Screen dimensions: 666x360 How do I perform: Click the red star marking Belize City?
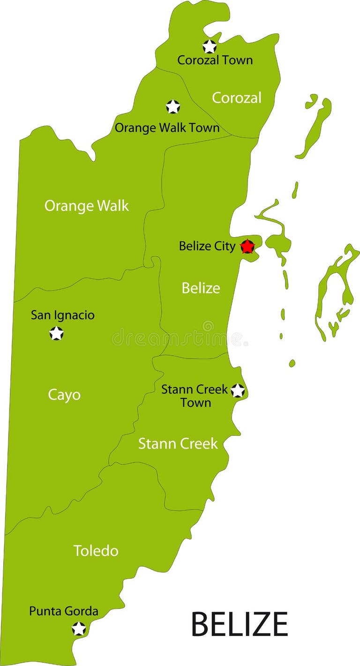tap(247, 246)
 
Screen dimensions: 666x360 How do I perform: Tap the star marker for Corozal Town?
tap(210, 46)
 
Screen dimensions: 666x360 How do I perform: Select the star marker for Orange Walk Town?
tap(173, 107)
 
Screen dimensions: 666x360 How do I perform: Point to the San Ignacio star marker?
tap(57, 334)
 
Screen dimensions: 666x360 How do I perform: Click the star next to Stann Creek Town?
tap(238, 390)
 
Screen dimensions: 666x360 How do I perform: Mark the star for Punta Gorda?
tap(79, 629)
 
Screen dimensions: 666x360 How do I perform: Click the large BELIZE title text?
tap(239, 624)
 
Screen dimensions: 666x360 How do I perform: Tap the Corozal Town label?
tap(215, 60)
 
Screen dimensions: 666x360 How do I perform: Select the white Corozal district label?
tap(237, 98)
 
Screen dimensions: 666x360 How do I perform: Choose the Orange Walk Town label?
tap(167, 127)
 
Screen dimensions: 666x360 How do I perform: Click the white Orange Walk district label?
tap(86, 206)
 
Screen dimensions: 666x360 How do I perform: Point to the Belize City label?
tap(207, 246)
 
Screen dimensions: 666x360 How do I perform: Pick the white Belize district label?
tap(201, 288)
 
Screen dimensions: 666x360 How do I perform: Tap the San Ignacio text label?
tap(62, 315)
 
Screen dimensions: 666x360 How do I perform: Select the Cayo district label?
tap(64, 395)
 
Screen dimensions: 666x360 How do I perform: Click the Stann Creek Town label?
tap(195, 396)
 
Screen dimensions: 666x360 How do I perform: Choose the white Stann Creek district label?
tap(178, 443)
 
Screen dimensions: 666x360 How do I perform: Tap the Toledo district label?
tap(96, 551)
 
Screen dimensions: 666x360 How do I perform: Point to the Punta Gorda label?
tap(64, 611)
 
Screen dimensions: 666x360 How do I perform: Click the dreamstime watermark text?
tap(178, 337)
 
